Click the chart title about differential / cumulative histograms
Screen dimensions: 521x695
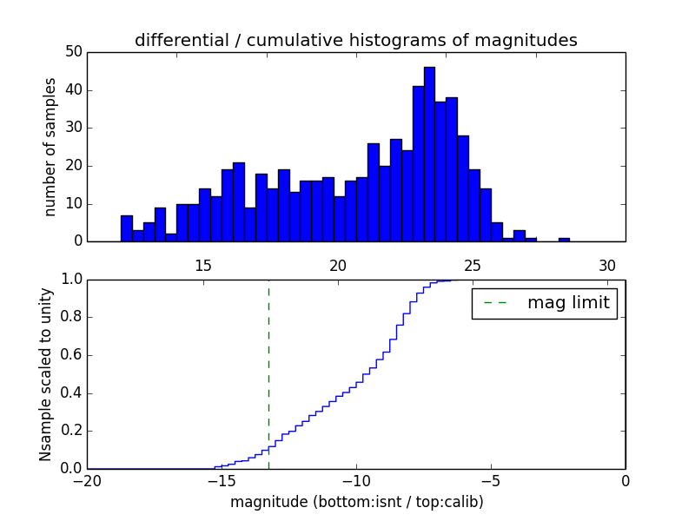355,40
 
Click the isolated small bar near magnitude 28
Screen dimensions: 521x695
564,239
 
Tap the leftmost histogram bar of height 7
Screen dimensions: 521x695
127,228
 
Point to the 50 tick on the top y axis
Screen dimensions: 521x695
74,52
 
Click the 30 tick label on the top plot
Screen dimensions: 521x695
607,266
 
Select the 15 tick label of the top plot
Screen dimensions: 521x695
203,266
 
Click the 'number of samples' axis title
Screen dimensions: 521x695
50,147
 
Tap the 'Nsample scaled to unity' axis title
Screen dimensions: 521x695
46,373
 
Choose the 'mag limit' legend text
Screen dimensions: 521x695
568,303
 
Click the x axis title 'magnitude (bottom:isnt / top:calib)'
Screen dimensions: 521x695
356,502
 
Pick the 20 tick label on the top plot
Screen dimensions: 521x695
338,266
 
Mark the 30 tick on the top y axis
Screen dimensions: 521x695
74,128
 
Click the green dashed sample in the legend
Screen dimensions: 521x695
495,303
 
